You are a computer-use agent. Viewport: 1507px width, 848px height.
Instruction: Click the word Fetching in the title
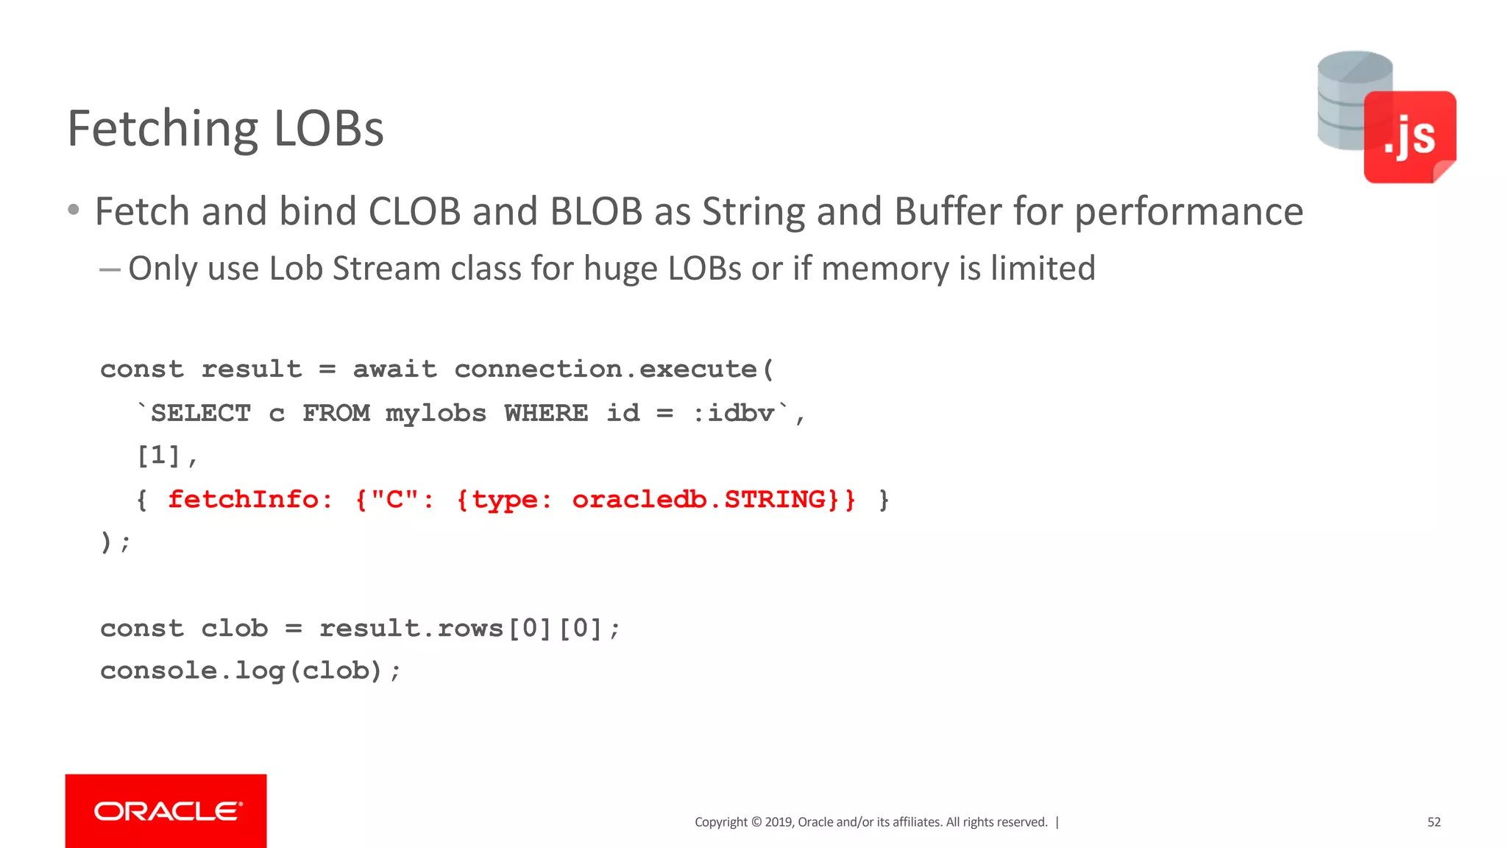(162, 129)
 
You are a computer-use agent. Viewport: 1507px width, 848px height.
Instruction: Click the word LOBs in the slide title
(328, 129)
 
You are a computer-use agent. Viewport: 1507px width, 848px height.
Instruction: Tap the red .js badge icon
(1409, 136)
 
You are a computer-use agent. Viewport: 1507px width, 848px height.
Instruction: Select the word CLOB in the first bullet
(414, 212)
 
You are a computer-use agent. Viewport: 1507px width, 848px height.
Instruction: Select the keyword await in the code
(394, 369)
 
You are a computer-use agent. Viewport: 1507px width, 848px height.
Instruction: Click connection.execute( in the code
(614, 369)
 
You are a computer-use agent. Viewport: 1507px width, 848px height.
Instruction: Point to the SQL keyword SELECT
(200, 413)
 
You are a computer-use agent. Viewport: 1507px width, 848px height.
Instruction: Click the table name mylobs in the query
(436, 413)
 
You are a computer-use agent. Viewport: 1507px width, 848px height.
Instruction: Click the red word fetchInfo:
(250, 500)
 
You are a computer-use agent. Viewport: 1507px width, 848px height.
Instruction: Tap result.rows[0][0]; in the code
(469, 629)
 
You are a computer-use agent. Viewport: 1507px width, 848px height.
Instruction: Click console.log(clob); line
(250, 671)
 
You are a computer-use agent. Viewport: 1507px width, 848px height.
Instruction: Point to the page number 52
(1433, 822)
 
